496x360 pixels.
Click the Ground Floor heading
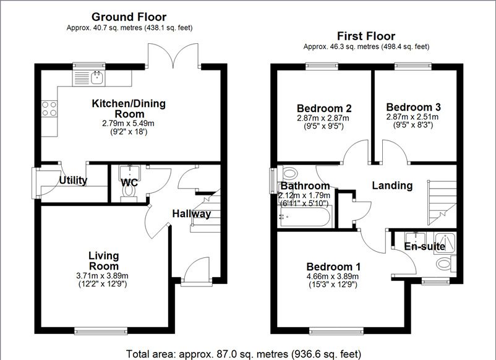tap(129, 17)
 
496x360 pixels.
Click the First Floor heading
tap(366, 36)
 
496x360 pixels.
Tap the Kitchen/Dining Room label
tap(129, 109)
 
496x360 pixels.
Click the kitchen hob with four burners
tap(49, 109)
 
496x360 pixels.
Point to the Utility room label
tap(73, 181)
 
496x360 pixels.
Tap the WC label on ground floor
tap(129, 182)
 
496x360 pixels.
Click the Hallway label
tap(191, 214)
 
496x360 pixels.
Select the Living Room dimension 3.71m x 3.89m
tap(103, 276)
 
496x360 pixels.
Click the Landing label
tap(392, 185)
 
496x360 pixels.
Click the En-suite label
tap(425, 246)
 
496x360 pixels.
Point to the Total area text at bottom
tap(244, 354)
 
